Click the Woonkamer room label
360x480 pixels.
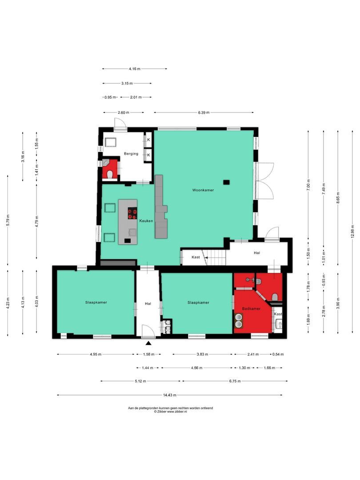click(x=203, y=190)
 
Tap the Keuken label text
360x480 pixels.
click(x=146, y=220)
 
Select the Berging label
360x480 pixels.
click(x=131, y=154)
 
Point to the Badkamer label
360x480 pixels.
click(x=251, y=308)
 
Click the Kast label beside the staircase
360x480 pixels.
click(x=196, y=257)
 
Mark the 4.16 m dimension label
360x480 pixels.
click(x=134, y=69)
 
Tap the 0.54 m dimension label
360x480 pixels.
click(x=278, y=354)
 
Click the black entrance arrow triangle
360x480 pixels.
click(x=148, y=343)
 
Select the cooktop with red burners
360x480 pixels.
click(x=132, y=214)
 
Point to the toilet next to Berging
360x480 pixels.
click(x=111, y=173)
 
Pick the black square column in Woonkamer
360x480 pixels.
click(x=227, y=181)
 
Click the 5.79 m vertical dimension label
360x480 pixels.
click(x=8, y=220)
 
